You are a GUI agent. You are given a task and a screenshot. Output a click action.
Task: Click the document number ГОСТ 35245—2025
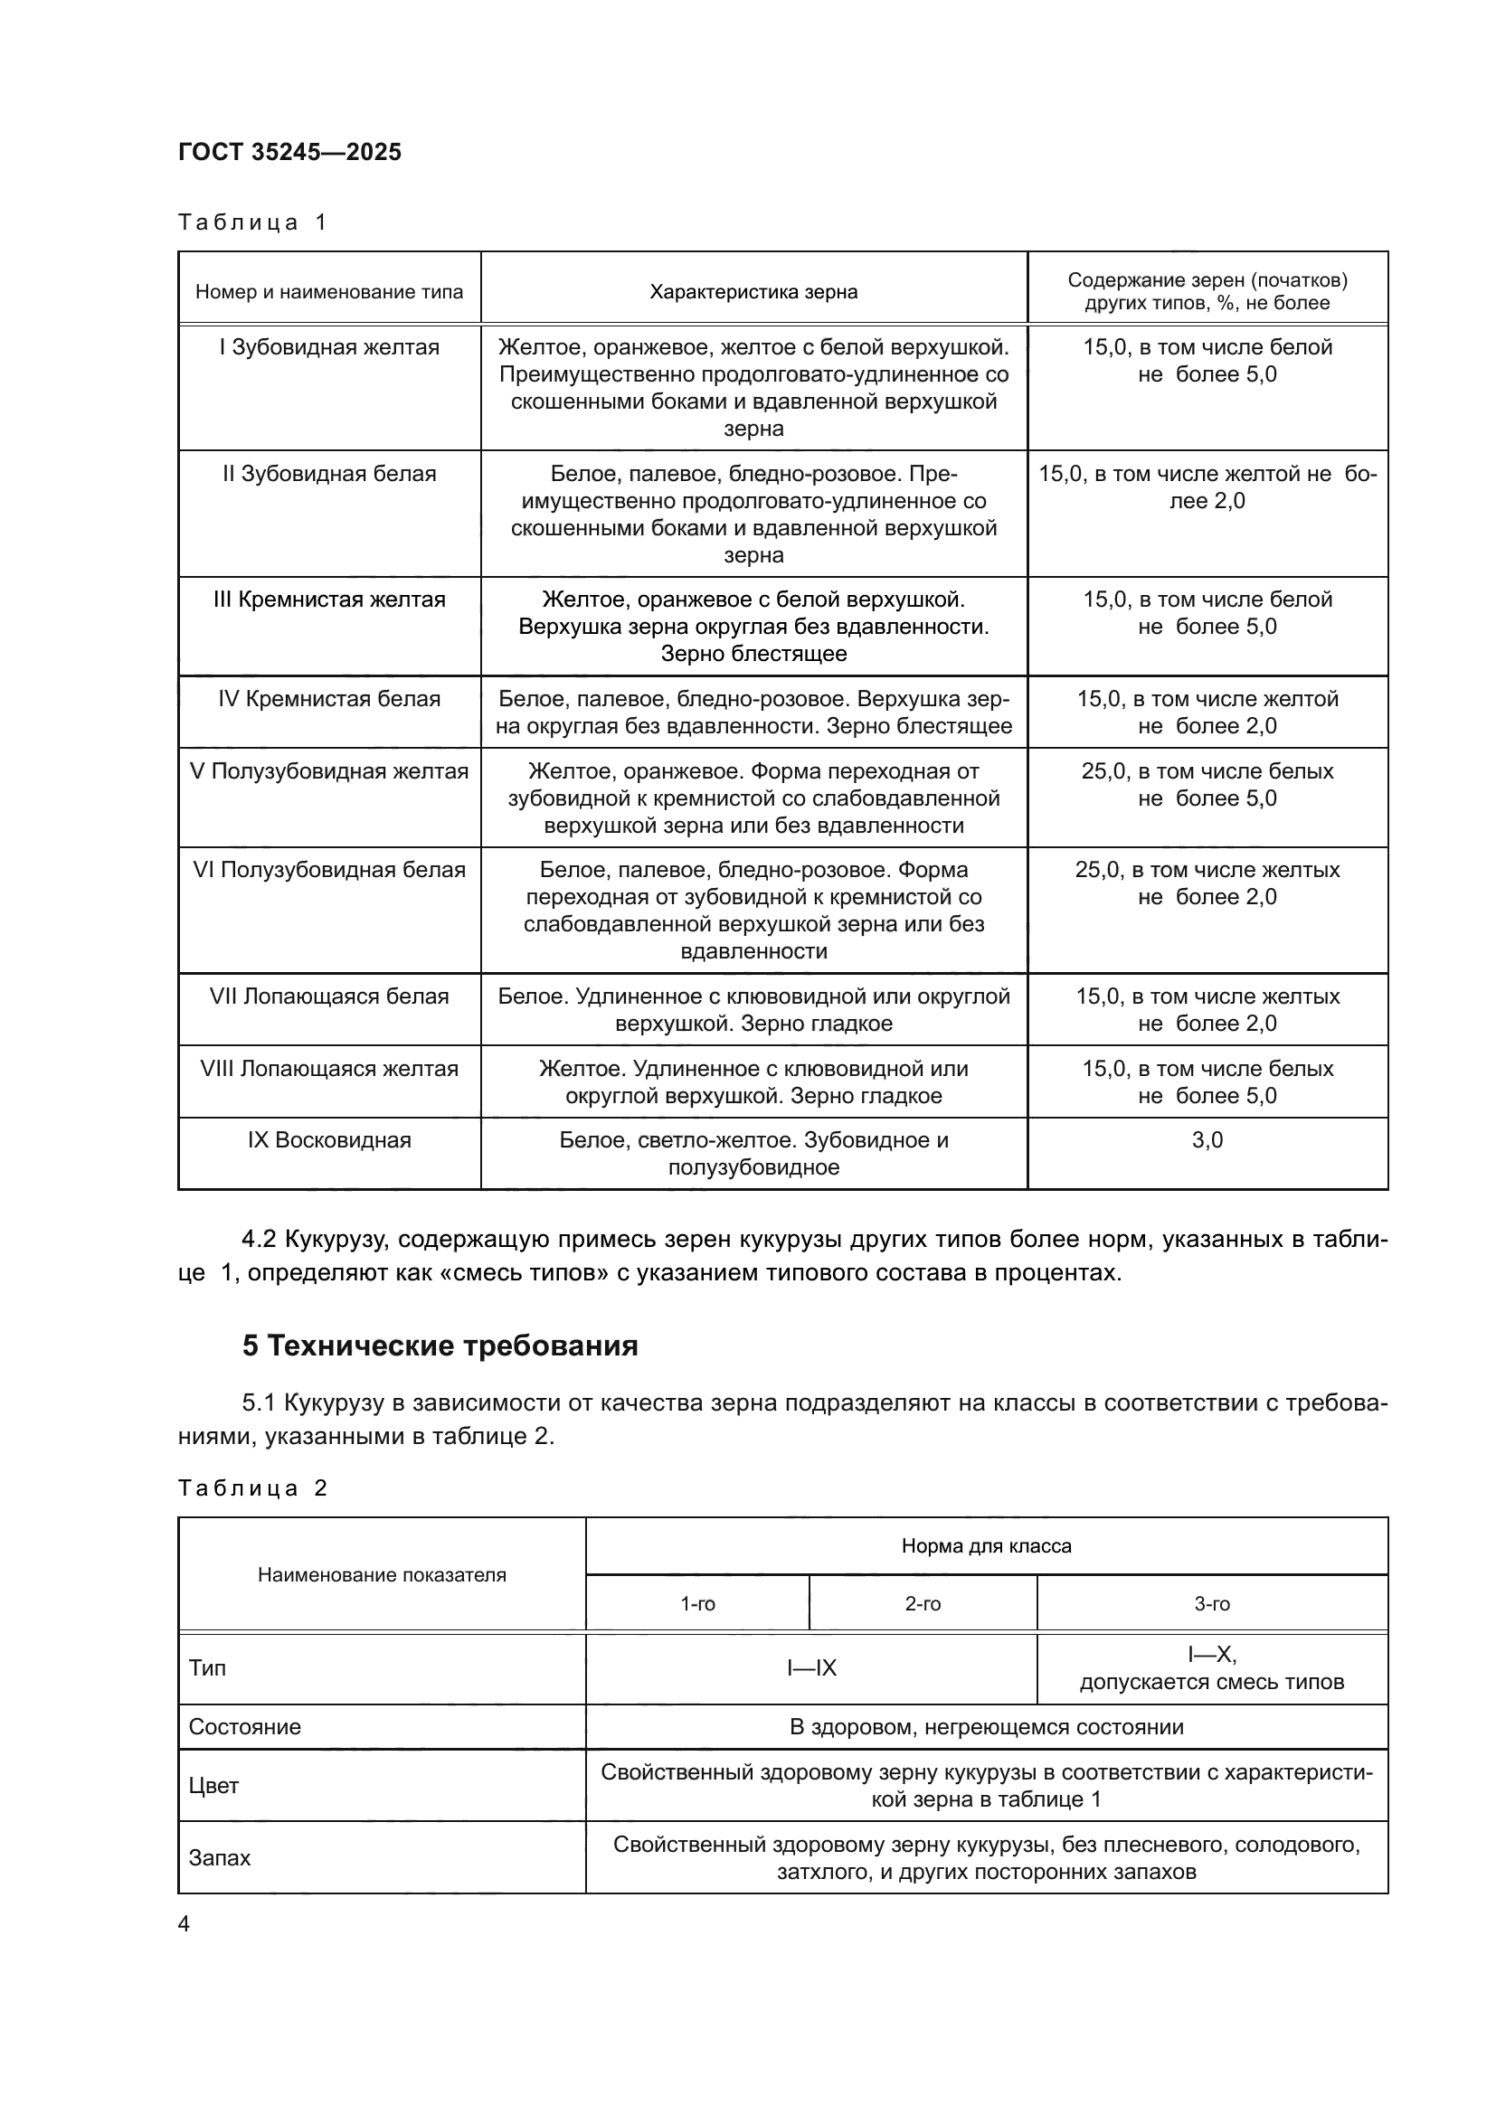coord(290,152)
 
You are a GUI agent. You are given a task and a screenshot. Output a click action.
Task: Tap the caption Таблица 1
coord(252,222)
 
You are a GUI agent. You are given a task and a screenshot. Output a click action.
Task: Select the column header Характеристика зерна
coord(753,292)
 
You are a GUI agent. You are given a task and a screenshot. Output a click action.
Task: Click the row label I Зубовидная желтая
coord(329,347)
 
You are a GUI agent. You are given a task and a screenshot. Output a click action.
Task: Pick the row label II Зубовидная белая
coord(329,474)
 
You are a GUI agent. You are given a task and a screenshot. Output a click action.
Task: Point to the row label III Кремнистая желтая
coord(329,600)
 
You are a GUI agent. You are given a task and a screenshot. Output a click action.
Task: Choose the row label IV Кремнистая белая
coord(329,699)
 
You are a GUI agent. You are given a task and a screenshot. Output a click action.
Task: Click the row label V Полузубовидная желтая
coord(329,771)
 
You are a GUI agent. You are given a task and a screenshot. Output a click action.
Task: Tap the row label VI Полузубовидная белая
coord(329,870)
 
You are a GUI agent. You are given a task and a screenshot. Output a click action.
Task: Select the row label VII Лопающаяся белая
coord(329,996)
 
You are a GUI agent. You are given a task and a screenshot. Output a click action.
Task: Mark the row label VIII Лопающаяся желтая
coord(329,1069)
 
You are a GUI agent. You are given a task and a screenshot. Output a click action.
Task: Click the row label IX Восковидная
coord(329,1140)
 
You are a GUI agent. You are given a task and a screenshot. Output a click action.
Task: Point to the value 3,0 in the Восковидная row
coord(1207,1140)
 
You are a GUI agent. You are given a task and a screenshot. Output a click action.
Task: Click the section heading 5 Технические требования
coord(440,1345)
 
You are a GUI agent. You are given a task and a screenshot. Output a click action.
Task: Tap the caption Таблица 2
coord(252,1487)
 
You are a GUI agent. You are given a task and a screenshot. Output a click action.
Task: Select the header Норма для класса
coord(986,1545)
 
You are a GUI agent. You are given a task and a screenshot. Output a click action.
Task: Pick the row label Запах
coord(219,1857)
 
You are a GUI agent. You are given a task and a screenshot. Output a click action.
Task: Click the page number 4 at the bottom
coord(184,1923)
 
